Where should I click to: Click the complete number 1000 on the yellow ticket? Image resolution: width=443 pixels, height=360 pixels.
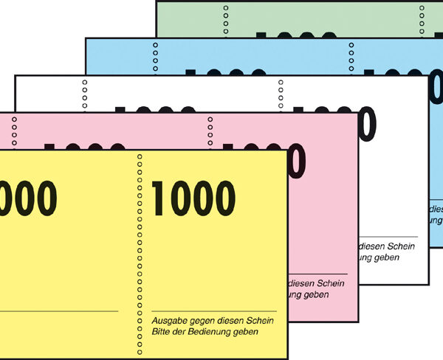pyautogui.click(x=193, y=198)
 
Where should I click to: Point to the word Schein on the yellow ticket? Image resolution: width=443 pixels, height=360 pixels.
pyautogui.click(x=259, y=320)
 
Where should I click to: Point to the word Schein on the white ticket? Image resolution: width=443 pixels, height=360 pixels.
pyautogui.click(x=399, y=246)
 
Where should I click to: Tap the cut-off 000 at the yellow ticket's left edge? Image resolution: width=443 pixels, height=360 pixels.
pyautogui.click(x=27, y=198)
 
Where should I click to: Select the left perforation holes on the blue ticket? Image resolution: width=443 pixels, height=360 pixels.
pyautogui.click(x=155, y=55)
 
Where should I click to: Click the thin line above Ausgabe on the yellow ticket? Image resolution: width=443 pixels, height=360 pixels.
pyautogui.click(x=213, y=311)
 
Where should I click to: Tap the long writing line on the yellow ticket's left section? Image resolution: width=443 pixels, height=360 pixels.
pyautogui.click(x=59, y=311)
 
